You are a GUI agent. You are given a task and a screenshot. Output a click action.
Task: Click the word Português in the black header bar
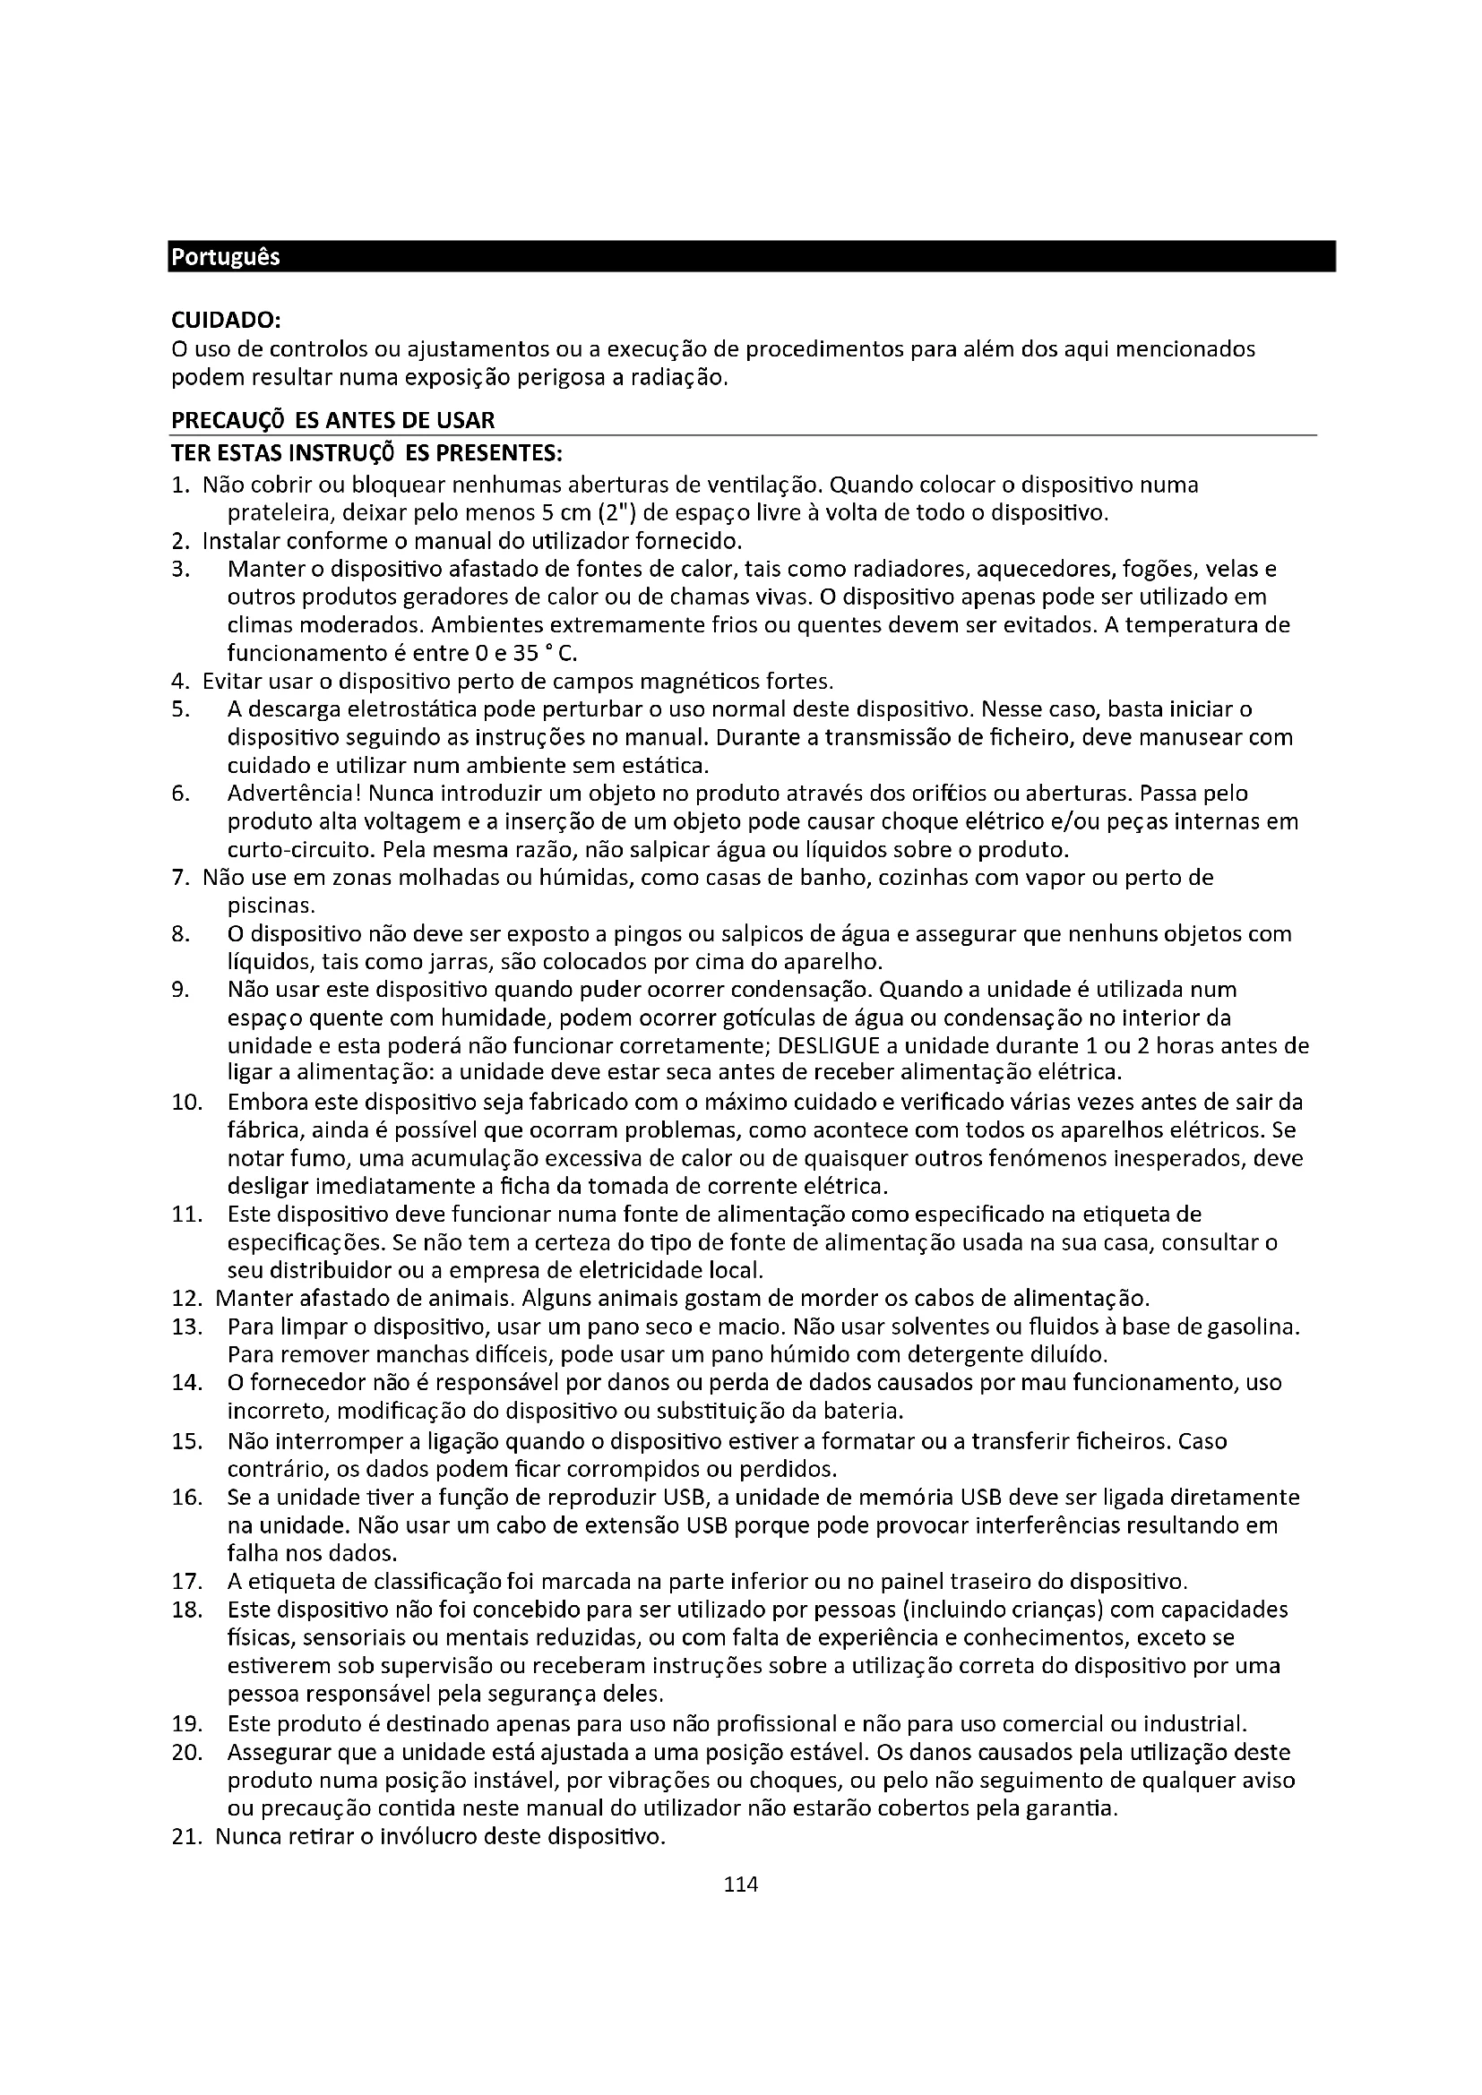(x=226, y=257)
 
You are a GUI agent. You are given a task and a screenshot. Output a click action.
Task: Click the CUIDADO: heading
(x=227, y=321)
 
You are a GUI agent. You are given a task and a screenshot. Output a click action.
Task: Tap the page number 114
(x=740, y=1885)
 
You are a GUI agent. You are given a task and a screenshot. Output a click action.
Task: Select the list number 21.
(x=186, y=1836)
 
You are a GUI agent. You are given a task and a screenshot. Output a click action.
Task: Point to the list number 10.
(x=186, y=1102)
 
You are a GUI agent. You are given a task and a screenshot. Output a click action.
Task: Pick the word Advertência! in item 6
(x=294, y=793)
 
